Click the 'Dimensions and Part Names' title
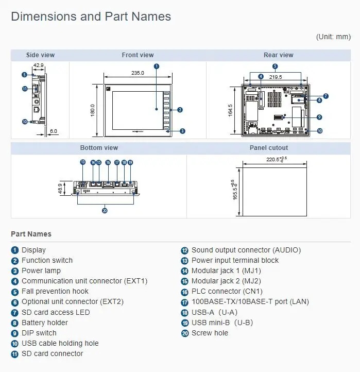[x=91, y=16]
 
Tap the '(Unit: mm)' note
[x=333, y=37]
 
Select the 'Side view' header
[x=40, y=55]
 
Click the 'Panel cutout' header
[x=269, y=148]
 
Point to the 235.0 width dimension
[x=138, y=73]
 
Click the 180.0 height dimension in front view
[x=93, y=110]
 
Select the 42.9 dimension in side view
[x=38, y=65]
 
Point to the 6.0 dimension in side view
[x=54, y=131]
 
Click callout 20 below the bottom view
[x=105, y=210]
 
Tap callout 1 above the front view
[x=157, y=66]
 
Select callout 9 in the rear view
[x=319, y=117]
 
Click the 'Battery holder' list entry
[x=44, y=323]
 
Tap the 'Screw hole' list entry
[x=209, y=333]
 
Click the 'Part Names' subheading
[x=31, y=234]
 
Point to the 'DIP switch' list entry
[x=39, y=333]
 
